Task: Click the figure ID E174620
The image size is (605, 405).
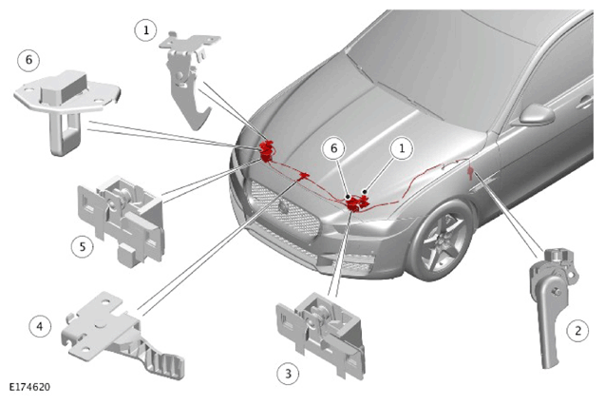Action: (29, 387)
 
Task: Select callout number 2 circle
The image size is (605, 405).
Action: (577, 331)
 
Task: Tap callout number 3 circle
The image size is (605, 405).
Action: (288, 374)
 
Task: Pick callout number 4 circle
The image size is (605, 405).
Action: (40, 326)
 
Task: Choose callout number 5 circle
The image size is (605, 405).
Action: (83, 246)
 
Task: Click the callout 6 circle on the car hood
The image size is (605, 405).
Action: (334, 148)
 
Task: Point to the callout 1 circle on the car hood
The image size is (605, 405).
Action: (402, 148)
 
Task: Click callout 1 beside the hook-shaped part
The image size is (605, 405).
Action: (146, 30)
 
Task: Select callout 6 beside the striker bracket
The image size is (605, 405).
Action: (28, 60)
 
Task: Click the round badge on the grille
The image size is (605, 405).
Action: (284, 207)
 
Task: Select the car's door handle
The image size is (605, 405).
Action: (585, 102)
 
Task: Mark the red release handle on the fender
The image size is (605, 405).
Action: (470, 172)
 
